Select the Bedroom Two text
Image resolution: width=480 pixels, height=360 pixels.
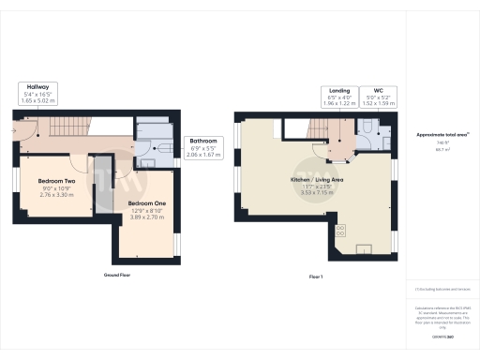pos(55,180)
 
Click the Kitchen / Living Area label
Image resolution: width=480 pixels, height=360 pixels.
pos(318,179)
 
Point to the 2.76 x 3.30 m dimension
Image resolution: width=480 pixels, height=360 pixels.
pos(55,196)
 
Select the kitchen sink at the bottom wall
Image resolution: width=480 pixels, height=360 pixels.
pos(363,248)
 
